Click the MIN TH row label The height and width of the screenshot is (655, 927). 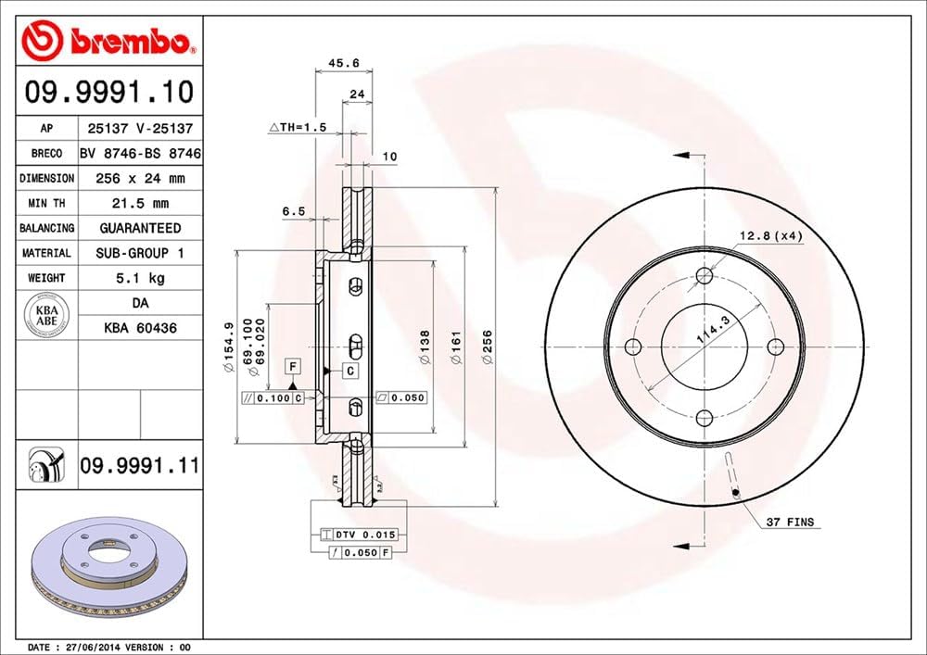pyautogui.click(x=46, y=203)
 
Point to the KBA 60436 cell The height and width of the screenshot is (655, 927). pyautogui.click(x=140, y=327)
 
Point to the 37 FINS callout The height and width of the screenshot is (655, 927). pyautogui.click(x=788, y=523)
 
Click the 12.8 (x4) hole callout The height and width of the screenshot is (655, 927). pyautogui.click(x=769, y=235)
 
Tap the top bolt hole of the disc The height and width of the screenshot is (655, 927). pyautogui.click(x=705, y=275)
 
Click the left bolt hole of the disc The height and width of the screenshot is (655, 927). pyautogui.click(x=634, y=347)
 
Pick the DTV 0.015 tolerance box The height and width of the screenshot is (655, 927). pyautogui.click(x=359, y=535)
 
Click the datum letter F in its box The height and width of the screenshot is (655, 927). pyautogui.click(x=291, y=364)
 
